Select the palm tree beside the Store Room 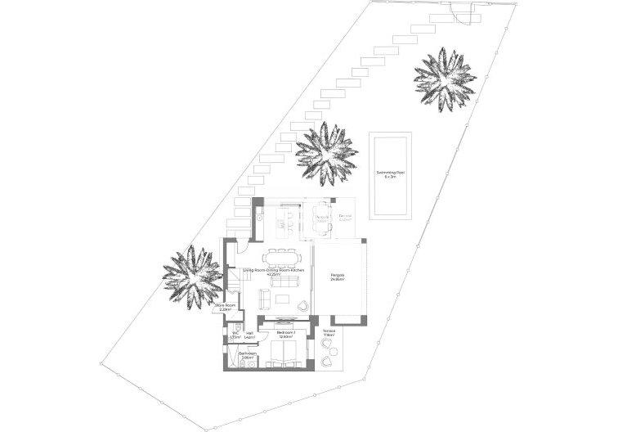pos(190,275)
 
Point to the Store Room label pos(226,307)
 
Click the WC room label pos(235,334)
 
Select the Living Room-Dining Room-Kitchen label pos(274,272)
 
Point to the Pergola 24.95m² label pos(337,277)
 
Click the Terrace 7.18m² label pos(329,334)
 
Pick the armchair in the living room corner pos(303,307)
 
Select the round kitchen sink pos(258,218)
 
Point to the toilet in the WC pos(231,343)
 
